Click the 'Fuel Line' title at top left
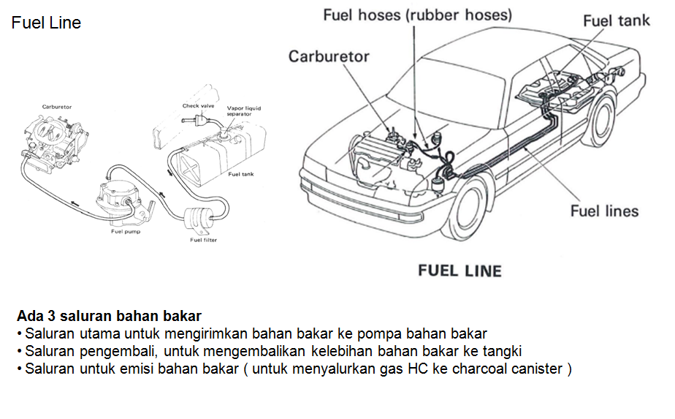click(x=46, y=23)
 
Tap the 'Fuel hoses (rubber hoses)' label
click(x=417, y=15)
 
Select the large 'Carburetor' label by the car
click(x=329, y=56)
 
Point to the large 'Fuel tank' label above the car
click(x=616, y=20)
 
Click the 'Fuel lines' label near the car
click(x=604, y=211)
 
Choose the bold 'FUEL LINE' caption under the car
click(x=459, y=271)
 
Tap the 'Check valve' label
click(x=196, y=106)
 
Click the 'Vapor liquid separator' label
click(x=243, y=112)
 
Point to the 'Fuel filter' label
click(x=203, y=240)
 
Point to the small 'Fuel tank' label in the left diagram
click(x=240, y=174)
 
